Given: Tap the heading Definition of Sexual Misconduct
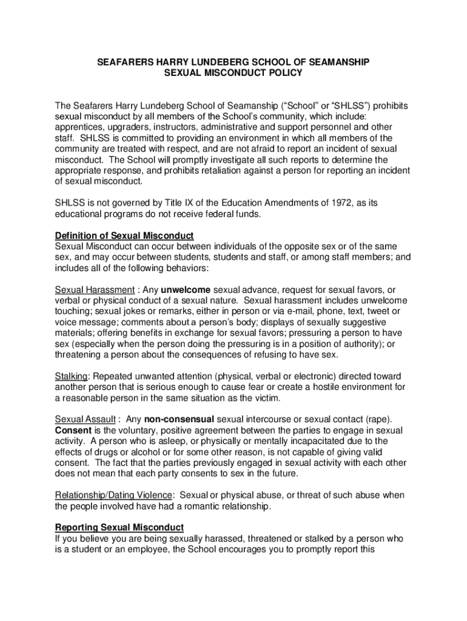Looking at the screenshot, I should [124, 235].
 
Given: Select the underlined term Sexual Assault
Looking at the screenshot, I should [86, 420].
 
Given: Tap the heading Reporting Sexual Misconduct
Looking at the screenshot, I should [119, 528].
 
